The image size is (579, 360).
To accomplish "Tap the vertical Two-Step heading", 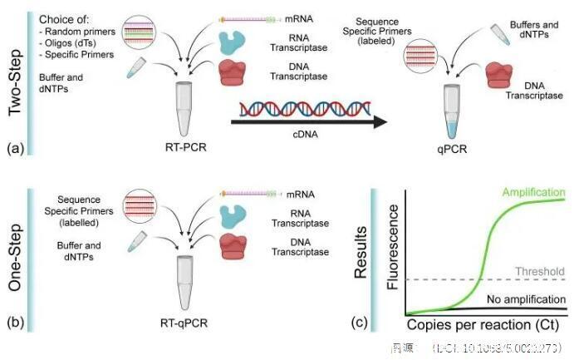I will coord(15,79).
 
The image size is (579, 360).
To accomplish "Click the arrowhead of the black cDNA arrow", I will coord(381,122).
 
